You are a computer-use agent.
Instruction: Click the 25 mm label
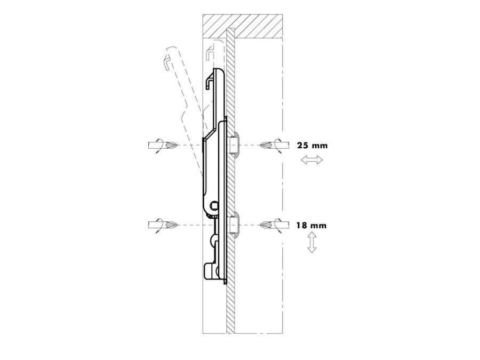point(312,146)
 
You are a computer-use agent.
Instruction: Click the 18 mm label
point(311,226)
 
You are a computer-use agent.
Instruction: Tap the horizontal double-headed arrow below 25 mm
point(312,159)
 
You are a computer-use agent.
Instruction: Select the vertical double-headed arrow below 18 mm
point(311,242)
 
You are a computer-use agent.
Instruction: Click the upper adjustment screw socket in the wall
point(234,145)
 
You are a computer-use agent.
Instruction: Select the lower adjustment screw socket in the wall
point(234,226)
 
